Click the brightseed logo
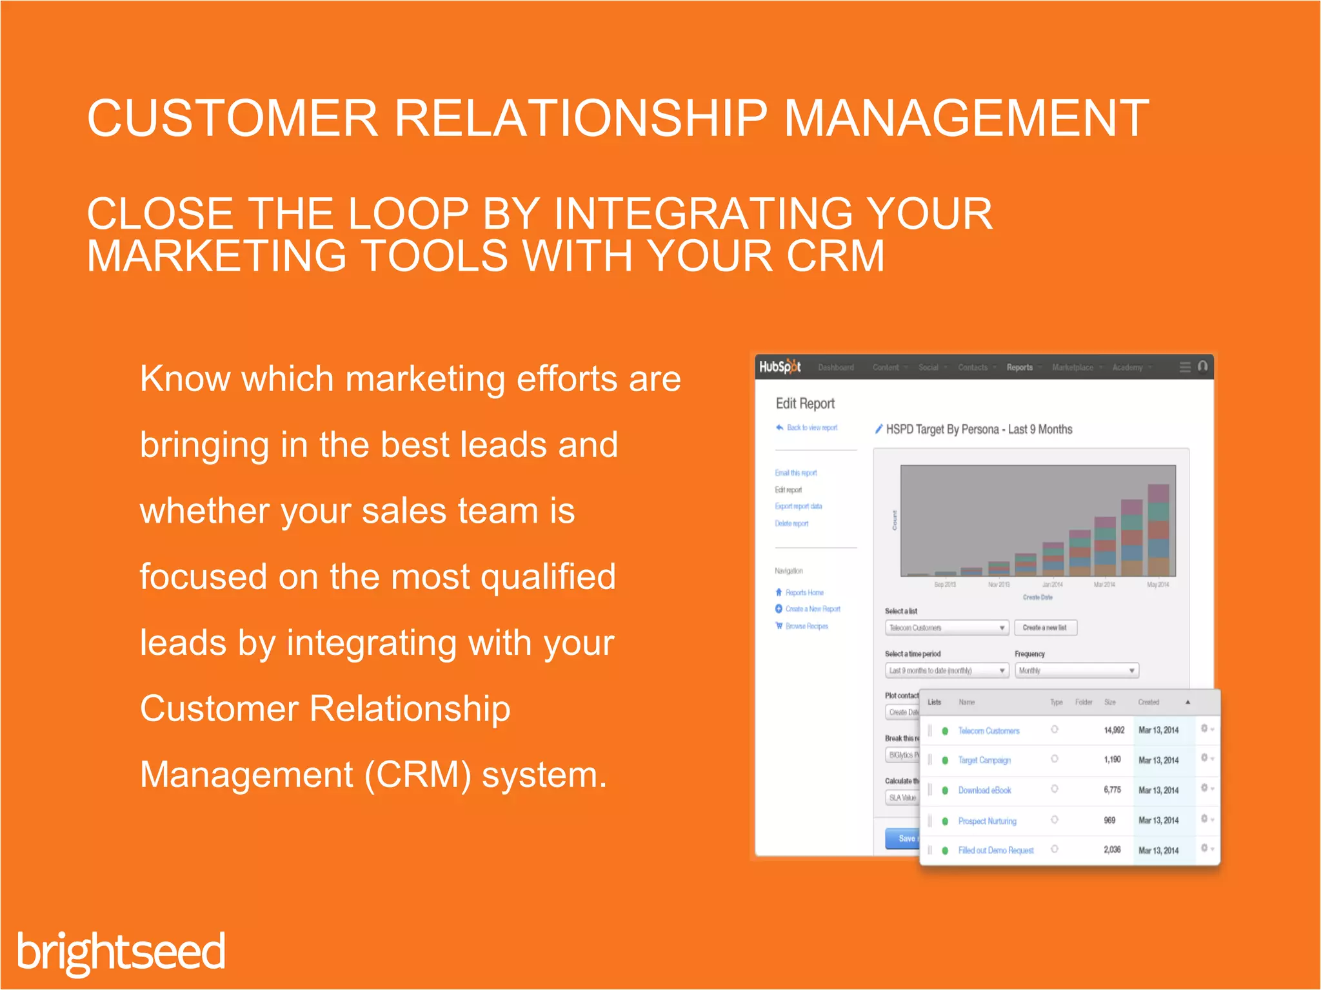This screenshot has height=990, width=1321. pos(121,951)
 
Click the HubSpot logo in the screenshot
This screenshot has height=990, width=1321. pos(780,367)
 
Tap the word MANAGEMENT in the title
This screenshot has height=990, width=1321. pos(966,119)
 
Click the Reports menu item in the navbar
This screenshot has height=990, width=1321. pos(1019,367)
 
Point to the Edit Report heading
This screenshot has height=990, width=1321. pos(805,403)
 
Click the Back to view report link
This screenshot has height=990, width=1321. pos(811,427)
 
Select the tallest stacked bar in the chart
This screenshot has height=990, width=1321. pos(1158,530)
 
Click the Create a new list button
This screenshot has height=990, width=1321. pos(1045,627)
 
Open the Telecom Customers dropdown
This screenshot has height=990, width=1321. pos(946,627)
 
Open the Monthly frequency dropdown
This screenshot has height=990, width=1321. pos(1076,670)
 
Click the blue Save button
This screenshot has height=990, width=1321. pos(903,838)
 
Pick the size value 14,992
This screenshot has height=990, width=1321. pos(1114,730)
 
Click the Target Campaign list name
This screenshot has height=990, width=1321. pos(984,760)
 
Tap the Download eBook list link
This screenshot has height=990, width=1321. pos(984,790)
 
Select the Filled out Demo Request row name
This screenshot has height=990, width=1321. pos(995,850)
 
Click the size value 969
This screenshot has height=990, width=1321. pos(1109,820)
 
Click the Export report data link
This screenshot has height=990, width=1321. pos(799,506)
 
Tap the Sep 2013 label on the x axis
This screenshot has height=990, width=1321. pos(945,585)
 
